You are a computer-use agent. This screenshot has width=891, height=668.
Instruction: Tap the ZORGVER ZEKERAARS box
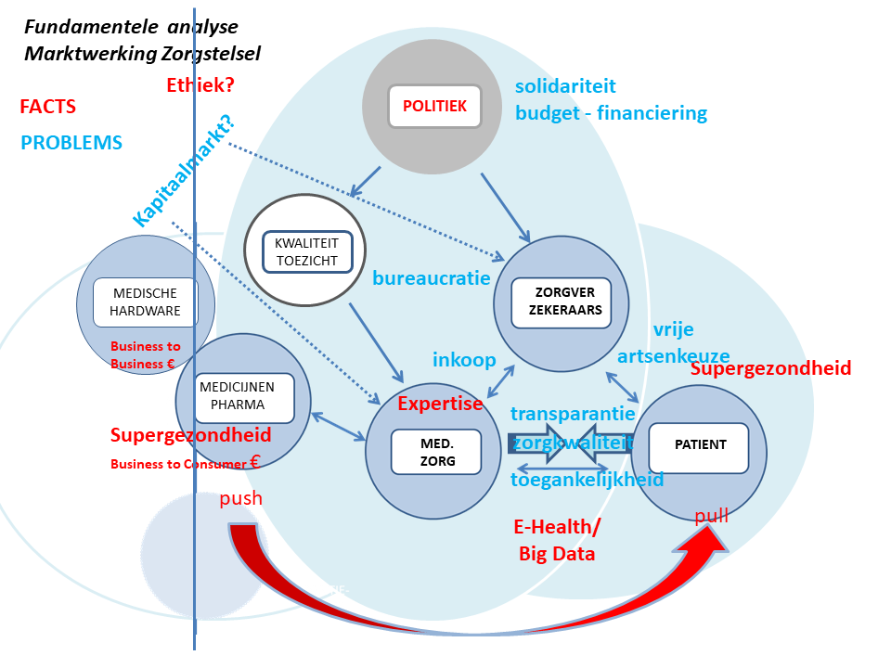pyautogui.click(x=561, y=302)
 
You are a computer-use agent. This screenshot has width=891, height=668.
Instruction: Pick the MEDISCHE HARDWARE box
pyautogui.click(x=146, y=302)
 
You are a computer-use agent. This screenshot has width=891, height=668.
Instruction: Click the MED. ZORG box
pyautogui.click(x=436, y=453)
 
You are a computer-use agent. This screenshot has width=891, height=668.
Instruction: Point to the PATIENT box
pyautogui.click(x=700, y=445)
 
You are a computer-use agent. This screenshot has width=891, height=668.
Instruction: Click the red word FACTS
pyautogui.click(x=47, y=107)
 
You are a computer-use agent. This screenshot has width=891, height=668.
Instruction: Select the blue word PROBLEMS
pyautogui.click(x=71, y=143)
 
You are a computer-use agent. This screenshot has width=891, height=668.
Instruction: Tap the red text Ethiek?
pyautogui.click(x=200, y=85)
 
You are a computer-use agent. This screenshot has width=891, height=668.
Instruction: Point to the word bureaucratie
pyautogui.click(x=431, y=277)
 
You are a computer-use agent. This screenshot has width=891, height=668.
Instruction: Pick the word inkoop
pyautogui.click(x=464, y=360)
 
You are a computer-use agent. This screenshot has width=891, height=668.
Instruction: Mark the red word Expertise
pyautogui.click(x=440, y=404)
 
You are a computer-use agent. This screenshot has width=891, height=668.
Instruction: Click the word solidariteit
pyautogui.click(x=565, y=86)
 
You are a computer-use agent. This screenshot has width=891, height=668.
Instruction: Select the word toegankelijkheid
pyautogui.click(x=587, y=480)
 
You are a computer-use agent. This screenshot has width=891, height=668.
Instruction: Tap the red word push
pyautogui.click(x=240, y=499)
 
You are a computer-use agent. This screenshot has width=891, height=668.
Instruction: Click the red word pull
pyautogui.click(x=711, y=516)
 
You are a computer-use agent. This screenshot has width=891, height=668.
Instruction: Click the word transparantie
pyautogui.click(x=573, y=414)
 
